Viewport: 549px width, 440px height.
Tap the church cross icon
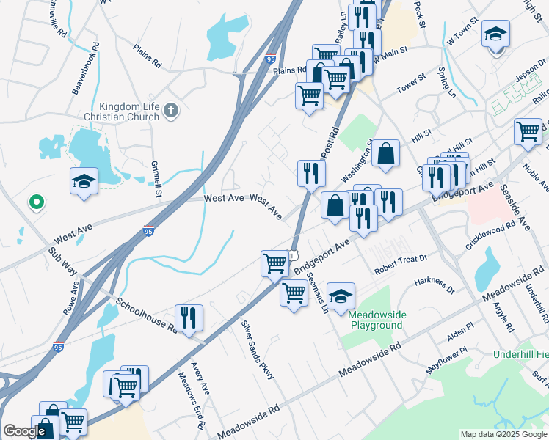point(171,111)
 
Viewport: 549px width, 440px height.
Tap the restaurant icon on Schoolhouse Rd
point(189,318)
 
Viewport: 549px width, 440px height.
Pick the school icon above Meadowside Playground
point(341,296)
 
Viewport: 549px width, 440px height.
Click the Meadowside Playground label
point(375,319)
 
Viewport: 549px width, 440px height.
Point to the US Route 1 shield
point(292,254)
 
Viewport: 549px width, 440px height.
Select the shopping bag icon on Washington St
point(385,153)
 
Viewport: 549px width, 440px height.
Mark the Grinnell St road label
point(156,180)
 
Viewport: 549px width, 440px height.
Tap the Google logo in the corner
point(24,431)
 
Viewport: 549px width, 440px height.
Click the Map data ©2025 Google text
point(503,434)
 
